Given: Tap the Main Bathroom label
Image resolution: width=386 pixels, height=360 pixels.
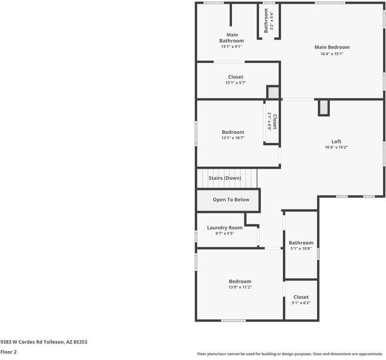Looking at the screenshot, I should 231,38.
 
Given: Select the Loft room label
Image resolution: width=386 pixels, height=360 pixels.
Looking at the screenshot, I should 336,142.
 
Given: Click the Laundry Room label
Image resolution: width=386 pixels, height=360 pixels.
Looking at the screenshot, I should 225,227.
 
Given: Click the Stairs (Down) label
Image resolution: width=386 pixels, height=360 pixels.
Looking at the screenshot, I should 225,178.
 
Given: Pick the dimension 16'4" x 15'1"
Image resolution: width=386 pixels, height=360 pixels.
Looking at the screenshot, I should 331,54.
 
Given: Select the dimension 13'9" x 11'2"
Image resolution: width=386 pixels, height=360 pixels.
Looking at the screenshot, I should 240,287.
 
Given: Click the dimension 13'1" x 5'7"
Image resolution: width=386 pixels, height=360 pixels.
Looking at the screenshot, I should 236,83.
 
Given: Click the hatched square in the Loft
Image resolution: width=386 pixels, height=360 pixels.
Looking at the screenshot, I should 324,108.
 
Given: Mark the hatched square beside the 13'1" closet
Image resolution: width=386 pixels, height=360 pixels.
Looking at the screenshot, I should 273,92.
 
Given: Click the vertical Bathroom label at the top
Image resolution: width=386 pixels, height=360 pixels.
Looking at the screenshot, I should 266,20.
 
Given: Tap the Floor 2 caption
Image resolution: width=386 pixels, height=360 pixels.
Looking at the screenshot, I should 8,352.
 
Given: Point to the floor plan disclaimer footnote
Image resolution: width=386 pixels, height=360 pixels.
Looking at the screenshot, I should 291,353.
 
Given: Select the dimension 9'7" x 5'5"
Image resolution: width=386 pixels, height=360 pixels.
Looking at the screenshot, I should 225,233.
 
